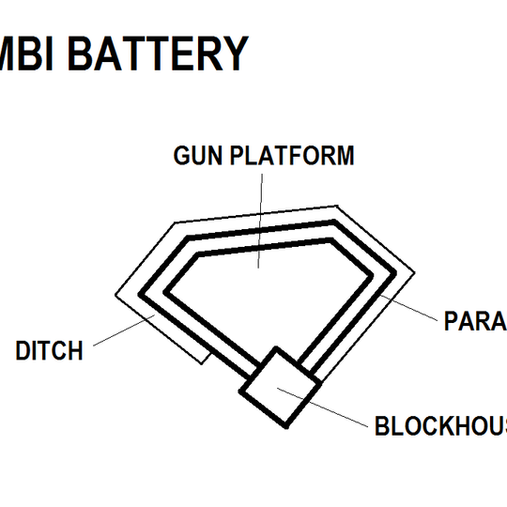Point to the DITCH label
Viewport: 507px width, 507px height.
49,351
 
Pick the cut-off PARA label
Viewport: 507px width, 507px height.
474,322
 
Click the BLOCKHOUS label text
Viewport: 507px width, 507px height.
440,426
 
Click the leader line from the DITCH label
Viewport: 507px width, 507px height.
122,331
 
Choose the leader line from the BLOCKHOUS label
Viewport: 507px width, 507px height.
338,413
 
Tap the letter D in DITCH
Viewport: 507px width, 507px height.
23,351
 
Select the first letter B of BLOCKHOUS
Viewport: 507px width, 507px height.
383,426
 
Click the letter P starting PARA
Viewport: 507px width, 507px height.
451,322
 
